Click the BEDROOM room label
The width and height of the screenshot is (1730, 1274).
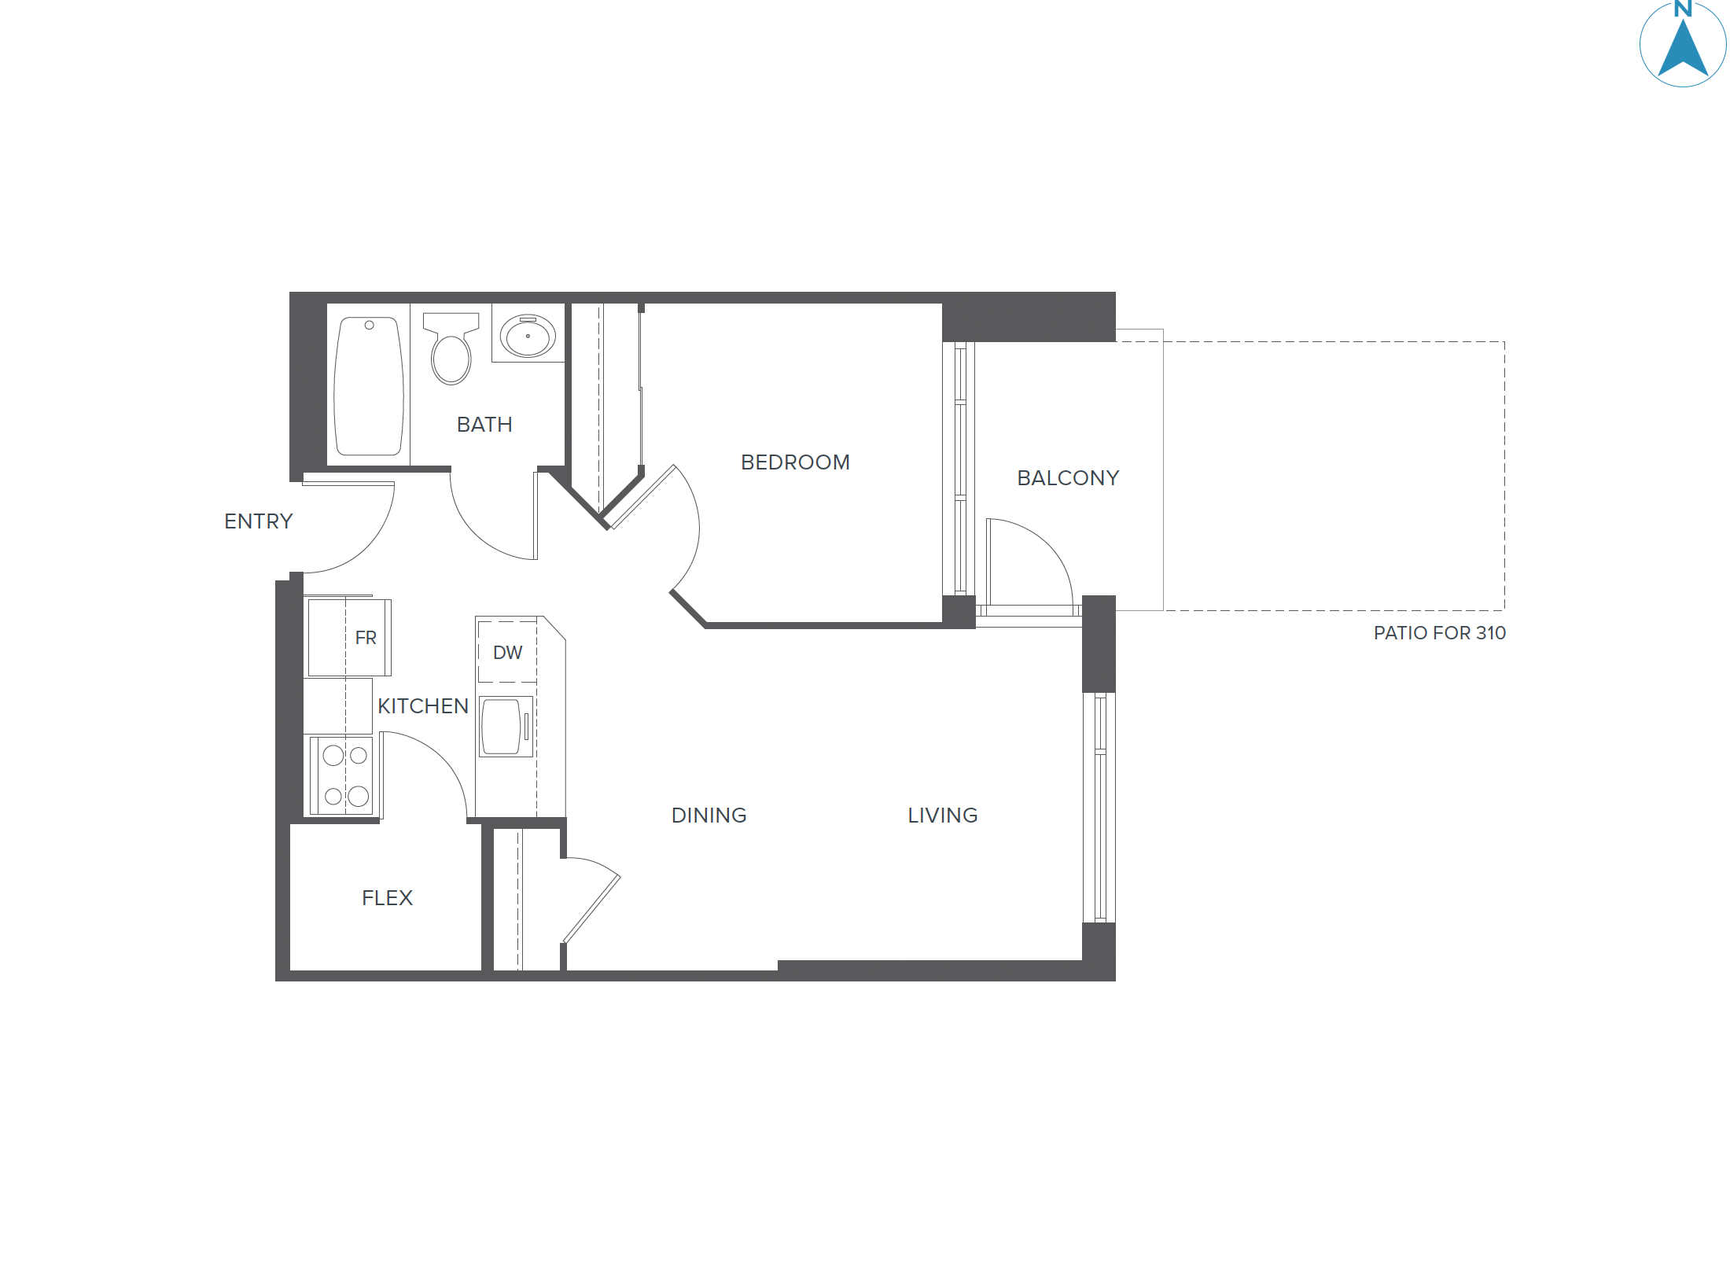tap(795, 462)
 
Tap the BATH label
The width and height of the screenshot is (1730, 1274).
tap(484, 425)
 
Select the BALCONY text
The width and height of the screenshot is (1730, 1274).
tap(1067, 478)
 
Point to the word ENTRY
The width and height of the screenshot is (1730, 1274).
tap(258, 521)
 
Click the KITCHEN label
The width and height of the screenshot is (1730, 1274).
tap(423, 706)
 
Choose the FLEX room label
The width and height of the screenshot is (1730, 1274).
tap(387, 898)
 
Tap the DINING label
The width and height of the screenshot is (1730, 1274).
tap(709, 816)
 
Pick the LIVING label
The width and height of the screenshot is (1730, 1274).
tap(942, 816)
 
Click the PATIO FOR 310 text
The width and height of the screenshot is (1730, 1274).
tap(1439, 633)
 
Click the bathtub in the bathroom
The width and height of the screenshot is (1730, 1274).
tap(369, 386)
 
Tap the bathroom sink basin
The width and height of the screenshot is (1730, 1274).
tap(528, 336)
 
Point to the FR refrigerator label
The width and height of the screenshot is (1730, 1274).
tap(366, 638)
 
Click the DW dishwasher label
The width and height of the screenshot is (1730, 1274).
tap(507, 653)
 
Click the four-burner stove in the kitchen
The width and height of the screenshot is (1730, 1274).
tap(345, 776)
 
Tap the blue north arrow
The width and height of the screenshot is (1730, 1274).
tap(1682, 51)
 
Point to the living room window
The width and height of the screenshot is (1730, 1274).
tap(1099, 807)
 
